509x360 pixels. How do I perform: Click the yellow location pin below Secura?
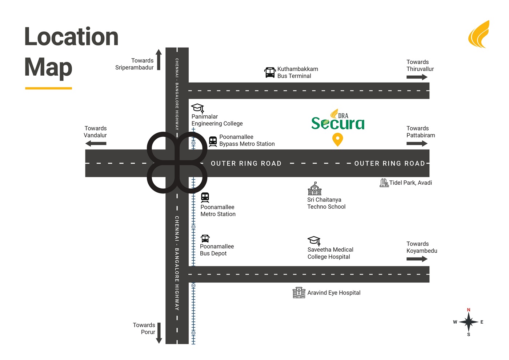coord(337,139)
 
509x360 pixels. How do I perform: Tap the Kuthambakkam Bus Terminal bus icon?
coord(270,72)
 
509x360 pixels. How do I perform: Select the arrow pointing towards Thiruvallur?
coord(417,77)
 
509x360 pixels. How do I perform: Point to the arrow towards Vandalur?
coord(96,143)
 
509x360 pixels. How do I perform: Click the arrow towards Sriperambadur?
coord(159,60)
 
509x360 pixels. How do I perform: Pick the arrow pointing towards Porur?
coord(159,333)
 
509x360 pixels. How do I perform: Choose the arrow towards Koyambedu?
coord(417,259)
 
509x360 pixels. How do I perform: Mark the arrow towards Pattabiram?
coord(417,143)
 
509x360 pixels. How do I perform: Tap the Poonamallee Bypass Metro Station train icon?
coord(213,141)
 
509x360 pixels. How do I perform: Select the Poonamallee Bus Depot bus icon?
coord(205,239)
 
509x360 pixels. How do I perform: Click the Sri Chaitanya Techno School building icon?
coord(315,189)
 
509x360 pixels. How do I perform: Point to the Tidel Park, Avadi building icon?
coord(384,183)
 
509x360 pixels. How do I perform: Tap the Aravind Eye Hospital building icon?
coord(299,292)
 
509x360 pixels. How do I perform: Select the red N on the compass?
coord(469,310)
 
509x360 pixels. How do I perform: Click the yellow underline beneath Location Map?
coord(48,88)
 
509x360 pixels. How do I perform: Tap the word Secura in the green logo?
coord(338,123)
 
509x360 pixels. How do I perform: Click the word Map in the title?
coord(48,68)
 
